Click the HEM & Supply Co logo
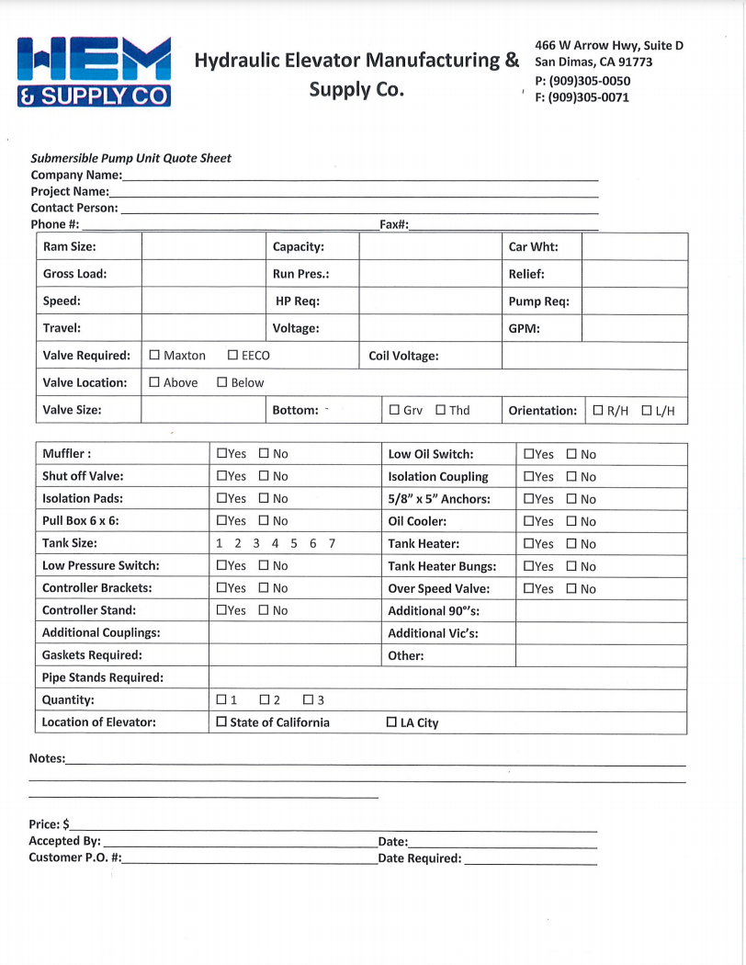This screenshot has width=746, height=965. point(94,72)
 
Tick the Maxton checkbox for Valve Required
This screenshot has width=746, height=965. point(154,356)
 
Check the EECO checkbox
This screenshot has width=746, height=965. point(233,356)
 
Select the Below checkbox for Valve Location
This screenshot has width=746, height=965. point(222,382)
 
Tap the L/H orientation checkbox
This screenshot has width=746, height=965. point(647,411)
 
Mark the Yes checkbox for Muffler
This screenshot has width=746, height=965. point(221,454)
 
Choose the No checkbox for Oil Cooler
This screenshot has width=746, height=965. point(571,522)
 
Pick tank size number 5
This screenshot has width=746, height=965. point(294,543)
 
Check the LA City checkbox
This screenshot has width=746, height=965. point(392,722)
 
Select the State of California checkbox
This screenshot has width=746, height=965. point(221,722)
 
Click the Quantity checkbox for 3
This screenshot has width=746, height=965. point(309,700)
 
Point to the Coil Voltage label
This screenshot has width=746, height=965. point(403,356)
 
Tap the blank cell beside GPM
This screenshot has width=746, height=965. point(634,328)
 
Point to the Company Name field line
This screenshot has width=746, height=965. point(358,175)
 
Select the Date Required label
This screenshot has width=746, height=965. point(419,858)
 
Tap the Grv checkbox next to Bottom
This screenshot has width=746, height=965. point(394,411)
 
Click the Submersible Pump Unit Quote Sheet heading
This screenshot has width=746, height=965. point(131,158)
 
